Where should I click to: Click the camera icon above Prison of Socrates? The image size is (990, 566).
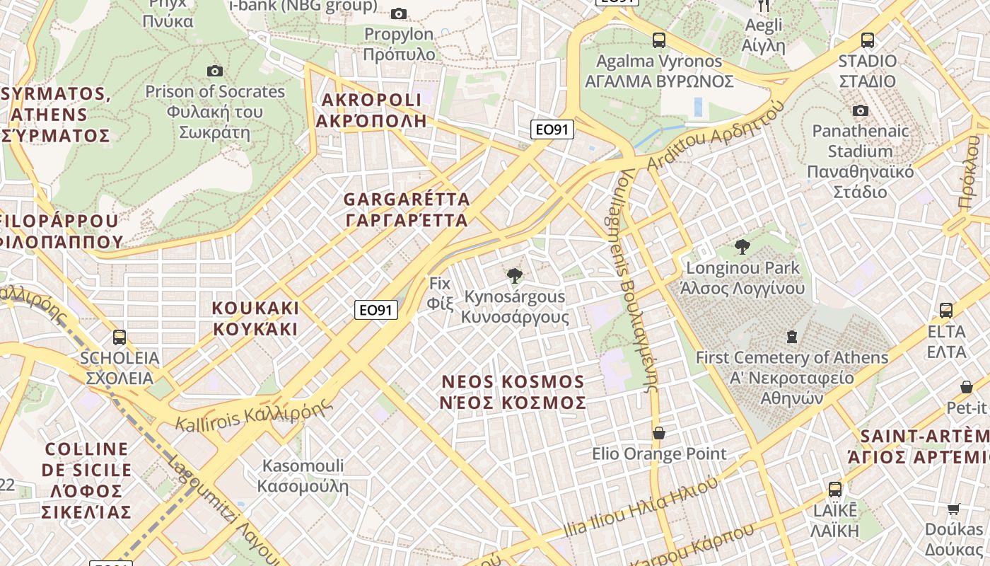coord(215,71)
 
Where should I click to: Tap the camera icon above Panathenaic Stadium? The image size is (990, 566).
coord(860,110)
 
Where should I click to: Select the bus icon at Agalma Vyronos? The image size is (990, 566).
coord(659,40)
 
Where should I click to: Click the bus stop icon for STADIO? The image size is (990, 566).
coord(868,40)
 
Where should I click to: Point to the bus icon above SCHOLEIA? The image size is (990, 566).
coord(120,337)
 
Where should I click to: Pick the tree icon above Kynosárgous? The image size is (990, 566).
coord(515,276)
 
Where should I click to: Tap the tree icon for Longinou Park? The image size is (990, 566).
coord(742,247)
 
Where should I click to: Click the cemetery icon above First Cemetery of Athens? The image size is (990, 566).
coord(792,337)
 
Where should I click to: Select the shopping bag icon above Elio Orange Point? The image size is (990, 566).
coord(659,432)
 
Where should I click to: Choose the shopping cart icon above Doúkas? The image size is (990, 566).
coord(953,509)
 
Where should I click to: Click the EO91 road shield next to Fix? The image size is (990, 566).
coord(376,310)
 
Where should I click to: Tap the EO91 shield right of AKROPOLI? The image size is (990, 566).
coord(552,129)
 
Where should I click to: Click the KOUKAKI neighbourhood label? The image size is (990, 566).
coord(255,318)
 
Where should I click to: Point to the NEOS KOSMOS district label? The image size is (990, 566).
coord(513,392)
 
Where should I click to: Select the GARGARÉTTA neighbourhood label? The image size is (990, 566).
coord(407,209)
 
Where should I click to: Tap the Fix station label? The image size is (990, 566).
coord(439,293)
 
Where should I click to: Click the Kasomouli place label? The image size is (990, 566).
coord(303,475)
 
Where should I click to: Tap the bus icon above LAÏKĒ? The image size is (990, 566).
coord(835,489)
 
